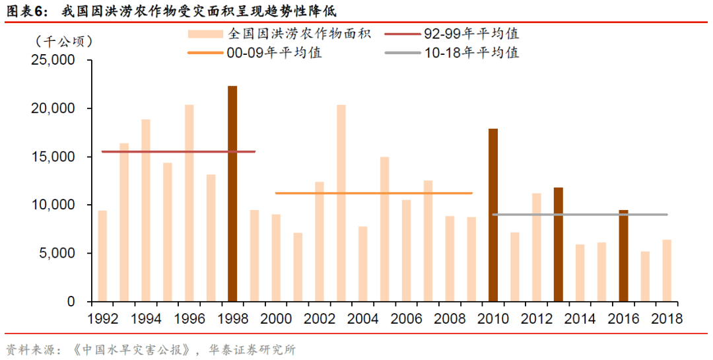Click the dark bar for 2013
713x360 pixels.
(559, 244)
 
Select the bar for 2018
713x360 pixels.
(667, 270)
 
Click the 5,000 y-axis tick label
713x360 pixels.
(57, 253)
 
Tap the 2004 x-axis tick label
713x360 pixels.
(363, 318)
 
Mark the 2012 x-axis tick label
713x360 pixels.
(537, 318)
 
